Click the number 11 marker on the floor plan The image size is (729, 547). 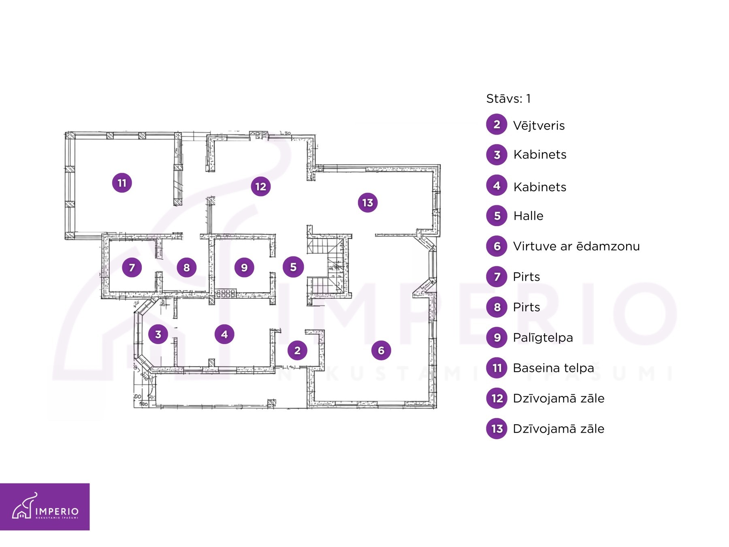click(x=122, y=183)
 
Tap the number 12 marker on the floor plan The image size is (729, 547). click(x=261, y=186)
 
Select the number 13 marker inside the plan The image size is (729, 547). click(x=368, y=203)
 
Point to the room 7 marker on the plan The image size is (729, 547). click(x=132, y=267)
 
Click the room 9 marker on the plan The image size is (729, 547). click(x=244, y=267)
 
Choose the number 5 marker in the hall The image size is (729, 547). click(x=293, y=267)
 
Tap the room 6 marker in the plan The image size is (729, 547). click(x=381, y=350)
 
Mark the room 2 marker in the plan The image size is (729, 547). click(x=297, y=350)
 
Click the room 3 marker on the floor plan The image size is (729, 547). click(x=158, y=334)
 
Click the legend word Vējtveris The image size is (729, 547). click(x=539, y=125)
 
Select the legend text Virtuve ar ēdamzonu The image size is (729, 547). click(x=576, y=246)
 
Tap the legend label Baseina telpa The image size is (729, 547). click(x=553, y=368)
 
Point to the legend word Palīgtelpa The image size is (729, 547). click(x=543, y=338)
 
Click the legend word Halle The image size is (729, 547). click(x=528, y=216)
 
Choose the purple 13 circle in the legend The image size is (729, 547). click(x=497, y=429)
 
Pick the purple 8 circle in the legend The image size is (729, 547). click(x=497, y=307)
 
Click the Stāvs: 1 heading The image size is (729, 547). click(x=508, y=98)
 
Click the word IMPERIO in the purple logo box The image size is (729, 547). click(x=57, y=511)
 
